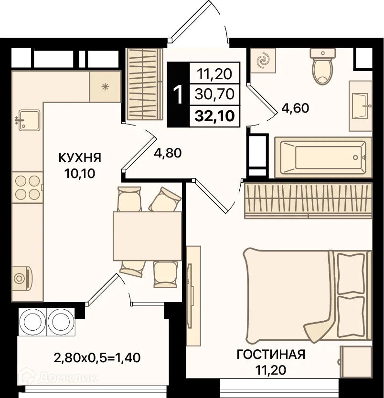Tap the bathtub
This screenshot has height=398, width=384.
coord(323,157)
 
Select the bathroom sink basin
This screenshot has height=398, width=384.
coord(361,106)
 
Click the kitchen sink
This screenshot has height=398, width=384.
coord(29,120)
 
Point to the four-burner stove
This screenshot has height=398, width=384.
coord(27,188)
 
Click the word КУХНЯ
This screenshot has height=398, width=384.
coord(80,157)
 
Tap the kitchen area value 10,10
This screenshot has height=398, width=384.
coord(80,174)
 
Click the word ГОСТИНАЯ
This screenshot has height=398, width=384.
coord(271,355)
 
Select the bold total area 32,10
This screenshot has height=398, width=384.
coord(214,116)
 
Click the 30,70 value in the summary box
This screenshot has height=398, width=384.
coord(214,94)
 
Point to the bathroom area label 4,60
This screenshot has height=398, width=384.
coord(295,108)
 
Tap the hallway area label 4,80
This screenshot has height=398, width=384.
coord(168,153)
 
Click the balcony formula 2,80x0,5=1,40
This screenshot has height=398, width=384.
coord(97,358)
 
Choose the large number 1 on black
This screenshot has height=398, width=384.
coord(178,94)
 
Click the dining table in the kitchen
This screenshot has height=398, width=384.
coord(147,236)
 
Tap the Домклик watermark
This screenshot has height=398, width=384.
coord(59,378)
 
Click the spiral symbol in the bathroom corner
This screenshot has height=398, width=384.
coord(263,61)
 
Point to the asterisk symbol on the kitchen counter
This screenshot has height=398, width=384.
coord(105,87)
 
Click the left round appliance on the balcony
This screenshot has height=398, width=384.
coord(32,322)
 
